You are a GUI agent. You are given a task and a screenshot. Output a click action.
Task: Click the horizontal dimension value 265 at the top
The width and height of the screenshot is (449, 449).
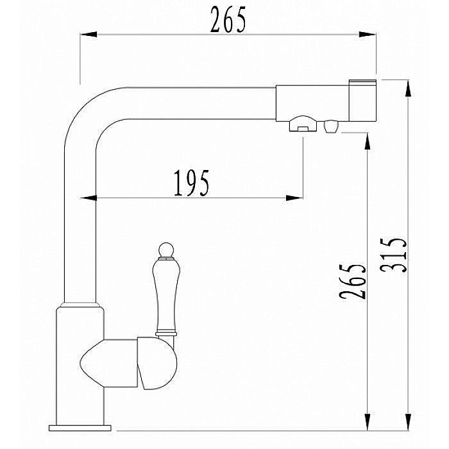[x=228, y=19]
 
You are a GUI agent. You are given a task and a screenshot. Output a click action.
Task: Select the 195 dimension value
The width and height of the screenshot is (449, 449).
[x=192, y=183]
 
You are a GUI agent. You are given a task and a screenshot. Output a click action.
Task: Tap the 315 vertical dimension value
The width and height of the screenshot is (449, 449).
[x=393, y=255]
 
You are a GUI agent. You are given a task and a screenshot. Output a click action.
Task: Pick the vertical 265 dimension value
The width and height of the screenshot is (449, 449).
[x=352, y=281]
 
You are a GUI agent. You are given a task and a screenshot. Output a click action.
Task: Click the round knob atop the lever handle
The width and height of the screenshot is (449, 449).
[x=166, y=250]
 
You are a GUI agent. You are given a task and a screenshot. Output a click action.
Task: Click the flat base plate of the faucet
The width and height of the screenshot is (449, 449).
[x=80, y=428]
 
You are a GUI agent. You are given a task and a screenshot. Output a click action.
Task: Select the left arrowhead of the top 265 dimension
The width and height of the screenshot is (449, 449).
[x=89, y=35]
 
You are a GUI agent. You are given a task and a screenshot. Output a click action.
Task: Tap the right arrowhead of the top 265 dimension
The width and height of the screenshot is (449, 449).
[x=368, y=35]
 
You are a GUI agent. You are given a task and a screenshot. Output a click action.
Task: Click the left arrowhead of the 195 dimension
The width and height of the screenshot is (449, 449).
[x=89, y=198]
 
